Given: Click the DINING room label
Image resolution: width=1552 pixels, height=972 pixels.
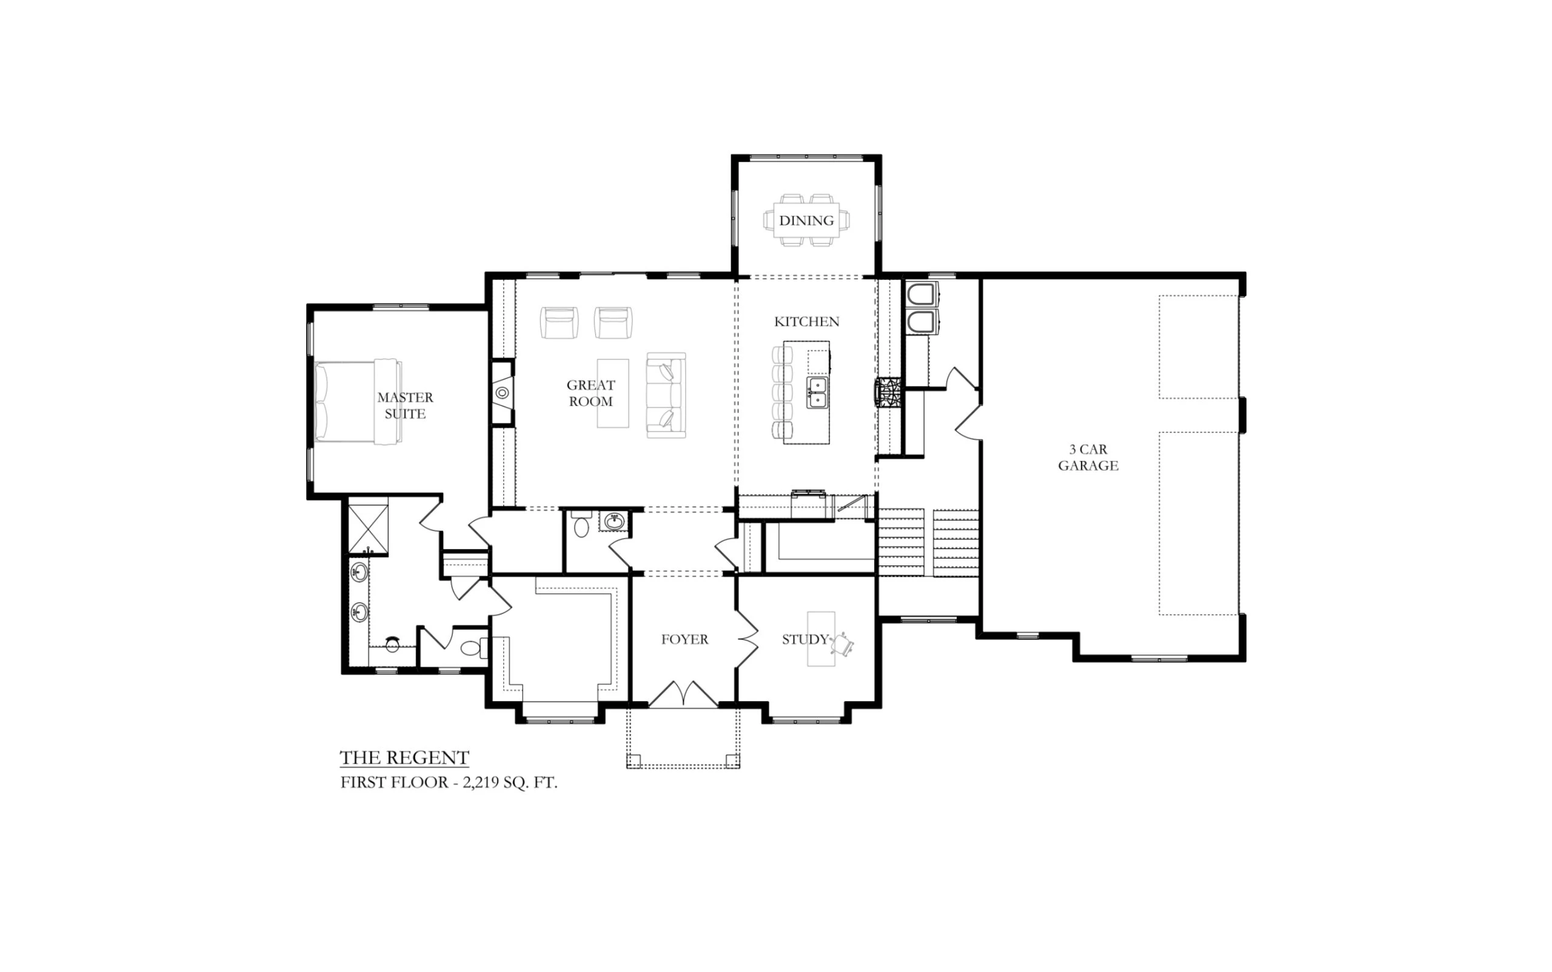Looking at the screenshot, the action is click(806, 221).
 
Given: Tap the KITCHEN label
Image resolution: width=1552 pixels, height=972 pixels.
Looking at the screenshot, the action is click(806, 321).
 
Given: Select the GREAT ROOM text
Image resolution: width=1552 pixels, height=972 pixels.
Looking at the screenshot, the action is click(590, 393).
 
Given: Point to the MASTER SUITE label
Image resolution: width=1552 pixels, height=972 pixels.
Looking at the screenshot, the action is click(405, 405).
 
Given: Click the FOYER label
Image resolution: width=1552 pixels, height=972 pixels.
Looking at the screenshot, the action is click(684, 639).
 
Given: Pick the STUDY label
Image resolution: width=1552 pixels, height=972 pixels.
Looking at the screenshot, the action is click(804, 639).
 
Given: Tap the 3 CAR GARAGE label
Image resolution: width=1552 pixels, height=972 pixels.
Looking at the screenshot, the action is click(1088, 457).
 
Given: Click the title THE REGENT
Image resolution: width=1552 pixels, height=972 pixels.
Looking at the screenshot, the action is click(404, 757).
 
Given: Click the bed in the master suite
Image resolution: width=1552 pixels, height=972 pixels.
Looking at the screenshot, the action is click(358, 402).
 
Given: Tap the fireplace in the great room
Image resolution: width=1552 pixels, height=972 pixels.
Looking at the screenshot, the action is click(503, 392).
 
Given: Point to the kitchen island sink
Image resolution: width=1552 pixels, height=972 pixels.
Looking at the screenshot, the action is click(817, 393).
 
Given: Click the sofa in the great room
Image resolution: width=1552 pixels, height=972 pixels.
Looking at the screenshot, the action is click(666, 395).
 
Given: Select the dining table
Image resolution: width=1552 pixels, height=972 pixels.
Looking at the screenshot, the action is click(806, 220).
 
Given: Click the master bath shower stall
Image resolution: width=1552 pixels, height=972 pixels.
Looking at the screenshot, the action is click(368, 529).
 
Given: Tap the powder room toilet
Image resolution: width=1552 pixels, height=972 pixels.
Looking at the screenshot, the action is click(581, 524).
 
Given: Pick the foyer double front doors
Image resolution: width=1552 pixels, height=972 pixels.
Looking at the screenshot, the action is click(683, 694).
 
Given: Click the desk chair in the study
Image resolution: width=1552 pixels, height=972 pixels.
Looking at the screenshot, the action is click(842, 644).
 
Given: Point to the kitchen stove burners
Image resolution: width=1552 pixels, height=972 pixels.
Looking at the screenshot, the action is click(888, 393).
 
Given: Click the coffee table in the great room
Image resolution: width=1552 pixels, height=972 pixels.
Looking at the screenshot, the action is click(612, 393).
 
